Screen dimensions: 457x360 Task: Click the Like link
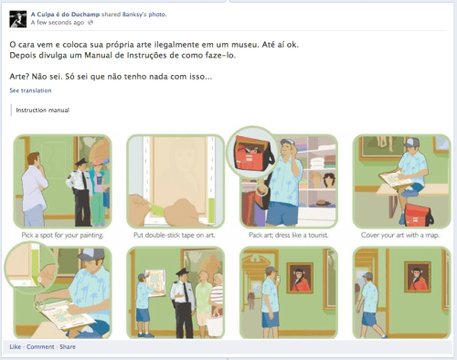[x=16, y=346]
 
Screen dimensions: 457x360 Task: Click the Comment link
[x=40, y=346]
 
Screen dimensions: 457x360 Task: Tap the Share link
[x=68, y=346]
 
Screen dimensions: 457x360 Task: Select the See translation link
[x=30, y=90]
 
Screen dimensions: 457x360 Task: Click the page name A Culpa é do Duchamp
[x=65, y=15]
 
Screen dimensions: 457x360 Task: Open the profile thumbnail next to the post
[x=18, y=19]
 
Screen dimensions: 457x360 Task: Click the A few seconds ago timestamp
[x=58, y=23]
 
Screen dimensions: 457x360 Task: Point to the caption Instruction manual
[x=43, y=111]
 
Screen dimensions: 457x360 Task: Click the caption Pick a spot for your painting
[x=62, y=235]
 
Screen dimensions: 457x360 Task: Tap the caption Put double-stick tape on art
[x=175, y=235]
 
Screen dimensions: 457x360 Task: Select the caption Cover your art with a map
[x=400, y=235]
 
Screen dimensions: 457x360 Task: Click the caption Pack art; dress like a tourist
[x=289, y=235]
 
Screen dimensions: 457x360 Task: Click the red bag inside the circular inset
[x=250, y=153]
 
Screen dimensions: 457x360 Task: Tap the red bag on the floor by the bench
[x=418, y=215]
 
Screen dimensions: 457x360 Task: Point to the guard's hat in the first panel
[x=81, y=162]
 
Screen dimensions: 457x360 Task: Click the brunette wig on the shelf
[x=329, y=181]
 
